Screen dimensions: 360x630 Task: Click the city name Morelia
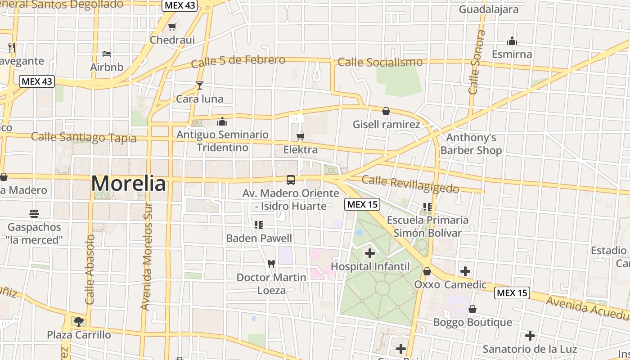129,184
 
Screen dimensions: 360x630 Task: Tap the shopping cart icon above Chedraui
172,27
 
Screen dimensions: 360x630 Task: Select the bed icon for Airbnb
107,54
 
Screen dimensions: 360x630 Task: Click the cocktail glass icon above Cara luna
200,85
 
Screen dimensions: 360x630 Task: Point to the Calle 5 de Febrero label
238,61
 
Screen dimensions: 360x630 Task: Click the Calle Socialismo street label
380,62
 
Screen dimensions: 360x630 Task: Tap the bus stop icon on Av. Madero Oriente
291,180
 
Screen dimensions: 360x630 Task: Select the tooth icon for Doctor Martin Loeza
271,264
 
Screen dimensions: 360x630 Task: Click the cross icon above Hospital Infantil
370,253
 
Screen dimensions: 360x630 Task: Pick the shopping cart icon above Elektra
301,136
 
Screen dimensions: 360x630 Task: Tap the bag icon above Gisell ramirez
386,111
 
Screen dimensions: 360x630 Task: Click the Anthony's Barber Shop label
471,144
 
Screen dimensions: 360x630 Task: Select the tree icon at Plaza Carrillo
79,321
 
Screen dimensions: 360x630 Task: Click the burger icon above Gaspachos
34,213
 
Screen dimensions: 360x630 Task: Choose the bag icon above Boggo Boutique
472,309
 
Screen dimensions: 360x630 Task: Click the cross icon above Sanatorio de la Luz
530,336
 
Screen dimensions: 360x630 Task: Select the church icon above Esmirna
512,41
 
